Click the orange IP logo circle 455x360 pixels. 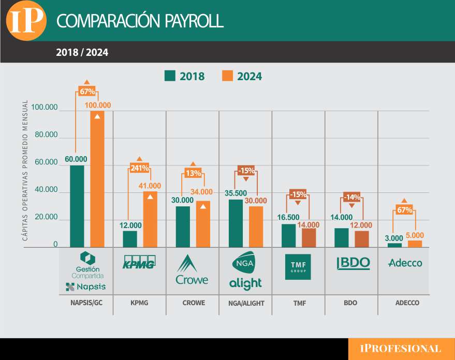coord(25,21)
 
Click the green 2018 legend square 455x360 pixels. coord(170,76)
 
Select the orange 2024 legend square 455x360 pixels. coord(227,76)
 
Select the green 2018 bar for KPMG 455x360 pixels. coord(130,238)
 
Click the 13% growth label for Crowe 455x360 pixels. coord(193,173)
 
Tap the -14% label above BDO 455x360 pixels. coord(351,197)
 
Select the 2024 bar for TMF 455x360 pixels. coord(309,237)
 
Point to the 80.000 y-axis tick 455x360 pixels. coord(45,135)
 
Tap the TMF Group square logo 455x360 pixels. coord(298,266)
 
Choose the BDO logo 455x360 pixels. coord(353,263)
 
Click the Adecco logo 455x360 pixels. coord(405,263)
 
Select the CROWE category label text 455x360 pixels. coord(193,303)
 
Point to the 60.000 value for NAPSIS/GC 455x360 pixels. coord(76,159)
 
